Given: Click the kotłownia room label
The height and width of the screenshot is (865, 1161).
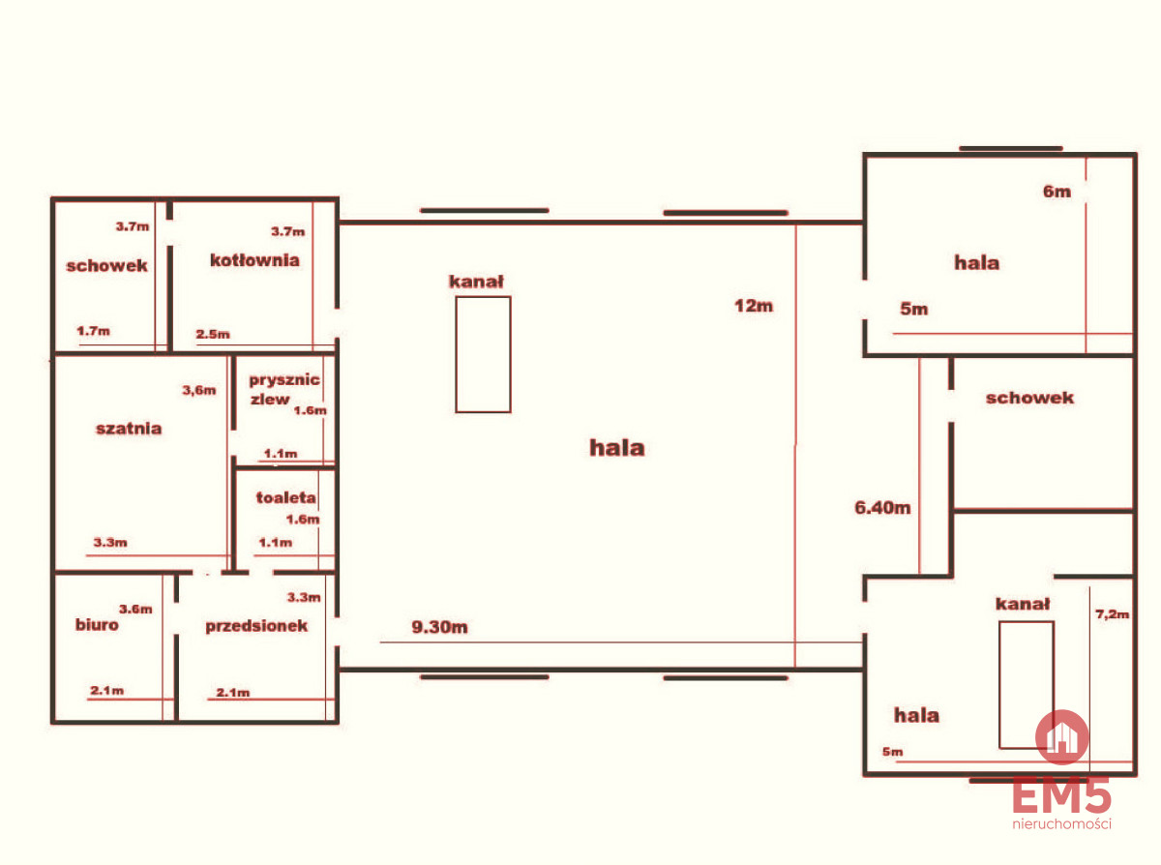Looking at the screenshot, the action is coord(254,260).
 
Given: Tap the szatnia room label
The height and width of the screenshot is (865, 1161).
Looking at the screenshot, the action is coord(129,429).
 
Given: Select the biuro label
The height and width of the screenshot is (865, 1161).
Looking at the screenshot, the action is coord(97,624).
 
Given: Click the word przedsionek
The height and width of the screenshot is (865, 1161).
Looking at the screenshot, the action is coord(256,626).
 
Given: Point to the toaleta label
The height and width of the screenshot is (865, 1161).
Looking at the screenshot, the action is coord(285,497).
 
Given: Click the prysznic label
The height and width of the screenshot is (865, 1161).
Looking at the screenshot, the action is coord(284,380).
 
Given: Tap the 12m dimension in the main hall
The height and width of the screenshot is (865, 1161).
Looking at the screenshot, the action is coord(754,306).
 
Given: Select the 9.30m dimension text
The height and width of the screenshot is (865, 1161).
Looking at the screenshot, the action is coord(439,627).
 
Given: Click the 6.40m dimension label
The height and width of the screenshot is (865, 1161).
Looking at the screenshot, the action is coord(882,507).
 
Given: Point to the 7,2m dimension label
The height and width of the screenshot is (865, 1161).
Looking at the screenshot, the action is coord(1113,614).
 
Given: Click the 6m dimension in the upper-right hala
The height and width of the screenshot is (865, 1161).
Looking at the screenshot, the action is coord(1057,192).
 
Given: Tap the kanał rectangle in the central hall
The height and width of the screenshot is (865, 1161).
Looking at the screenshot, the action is coord(483,354).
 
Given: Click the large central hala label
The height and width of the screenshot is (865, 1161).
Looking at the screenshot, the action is coord(616,448).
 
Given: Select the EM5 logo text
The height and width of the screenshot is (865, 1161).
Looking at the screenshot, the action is coord(1061,794).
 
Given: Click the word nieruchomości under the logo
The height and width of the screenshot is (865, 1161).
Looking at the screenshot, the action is coord(1061,823).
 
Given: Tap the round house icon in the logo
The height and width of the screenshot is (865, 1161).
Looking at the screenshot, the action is coord(1062,736).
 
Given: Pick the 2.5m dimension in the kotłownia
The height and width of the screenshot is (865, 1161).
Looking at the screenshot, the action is coord(213,334).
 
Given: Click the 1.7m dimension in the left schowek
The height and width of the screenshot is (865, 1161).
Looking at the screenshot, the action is coord(93,331).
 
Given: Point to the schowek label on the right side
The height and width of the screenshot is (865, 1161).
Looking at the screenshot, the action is coord(1029,398).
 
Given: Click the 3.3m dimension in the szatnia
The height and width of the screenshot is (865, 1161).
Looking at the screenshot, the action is coord(110,543).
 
